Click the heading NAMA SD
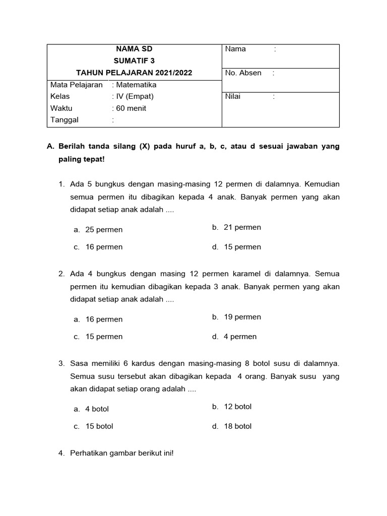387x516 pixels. click(134, 49)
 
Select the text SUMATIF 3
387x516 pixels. click(134, 61)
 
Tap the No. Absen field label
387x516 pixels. click(243, 73)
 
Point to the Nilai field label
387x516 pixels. click(233, 96)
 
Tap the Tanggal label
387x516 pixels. click(64, 120)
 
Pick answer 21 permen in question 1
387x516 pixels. click(242, 227)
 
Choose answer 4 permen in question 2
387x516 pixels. click(240, 337)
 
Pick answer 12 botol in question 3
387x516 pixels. click(237, 407)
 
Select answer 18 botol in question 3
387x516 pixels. click(237, 426)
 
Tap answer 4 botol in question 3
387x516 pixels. click(97, 409)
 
